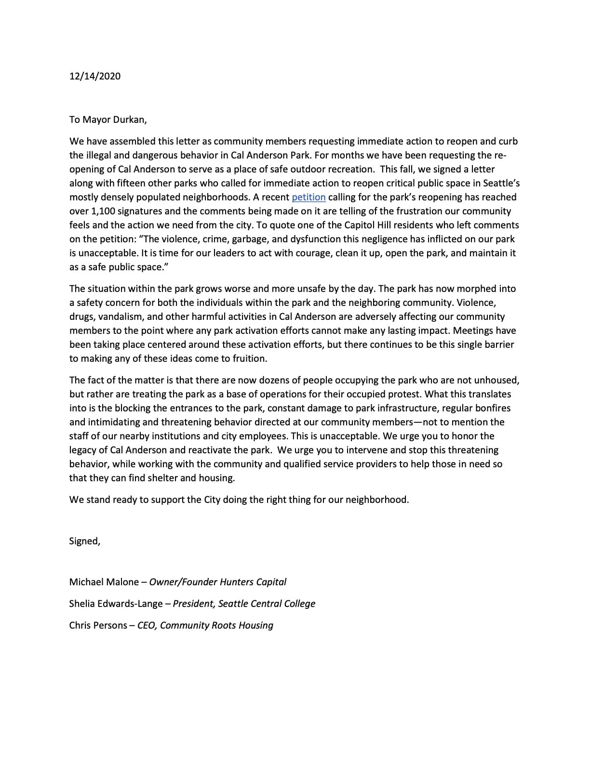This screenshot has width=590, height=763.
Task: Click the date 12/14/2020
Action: tap(95, 76)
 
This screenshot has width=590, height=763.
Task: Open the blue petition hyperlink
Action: tap(308, 197)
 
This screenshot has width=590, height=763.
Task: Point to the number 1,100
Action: tap(103, 211)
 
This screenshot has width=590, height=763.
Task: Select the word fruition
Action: tap(247, 359)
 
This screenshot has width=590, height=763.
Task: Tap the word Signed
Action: tap(84, 541)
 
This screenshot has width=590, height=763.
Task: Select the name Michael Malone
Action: tap(104, 582)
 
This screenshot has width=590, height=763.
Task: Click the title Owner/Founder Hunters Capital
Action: tap(218, 582)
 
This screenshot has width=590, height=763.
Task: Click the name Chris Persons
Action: tap(98, 625)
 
